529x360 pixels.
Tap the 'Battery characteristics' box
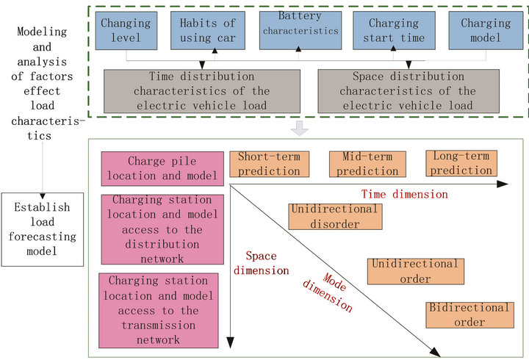[x=300, y=31]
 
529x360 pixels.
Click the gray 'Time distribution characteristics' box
[x=202, y=93]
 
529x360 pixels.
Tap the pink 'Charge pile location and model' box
[x=162, y=169]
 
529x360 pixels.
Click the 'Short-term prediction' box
[x=269, y=164]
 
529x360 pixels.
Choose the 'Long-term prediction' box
[x=461, y=163]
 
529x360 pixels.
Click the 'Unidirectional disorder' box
[x=334, y=216]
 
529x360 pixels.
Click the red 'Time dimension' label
[x=403, y=194]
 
